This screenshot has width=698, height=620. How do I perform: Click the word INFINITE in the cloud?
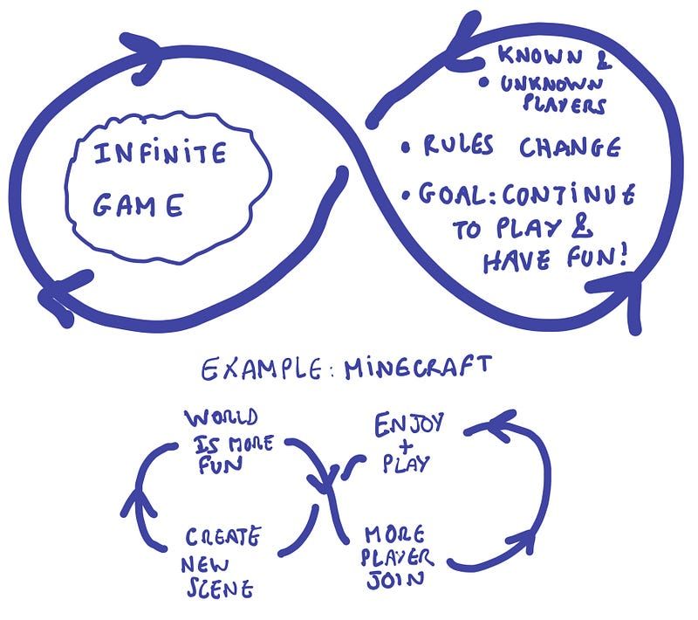tap(160, 155)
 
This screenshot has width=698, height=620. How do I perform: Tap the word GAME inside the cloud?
tap(138, 206)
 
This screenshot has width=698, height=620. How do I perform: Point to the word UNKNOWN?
tap(546, 85)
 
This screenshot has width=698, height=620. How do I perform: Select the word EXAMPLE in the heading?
tap(254, 370)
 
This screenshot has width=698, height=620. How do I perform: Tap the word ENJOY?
tap(409, 426)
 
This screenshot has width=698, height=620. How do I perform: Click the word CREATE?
tap(222, 535)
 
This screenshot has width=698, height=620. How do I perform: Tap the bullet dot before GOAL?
tap(404, 194)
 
